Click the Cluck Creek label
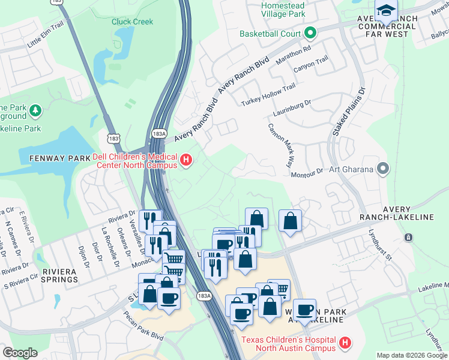click(x=132, y=22)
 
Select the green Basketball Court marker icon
click(x=310, y=33)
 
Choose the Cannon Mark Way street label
click(x=282, y=145)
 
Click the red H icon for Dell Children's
click(x=186, y=160)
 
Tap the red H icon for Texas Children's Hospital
click(x=345, y=343)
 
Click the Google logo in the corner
click(x=20, y=353)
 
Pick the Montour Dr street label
click(x=307, y=171)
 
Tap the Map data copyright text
click(x=412, y=355)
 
